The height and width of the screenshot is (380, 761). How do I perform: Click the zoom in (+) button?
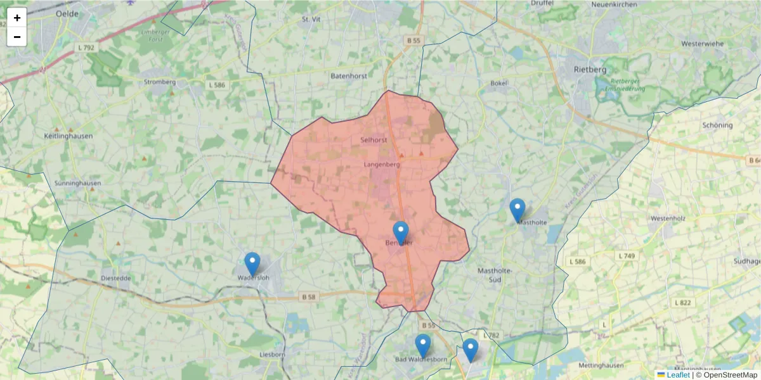point(17,18)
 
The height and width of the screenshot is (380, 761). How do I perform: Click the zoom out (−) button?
point(17,37)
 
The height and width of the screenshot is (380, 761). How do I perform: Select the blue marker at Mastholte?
point(517,210)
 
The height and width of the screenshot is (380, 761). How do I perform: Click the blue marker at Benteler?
point(401,232)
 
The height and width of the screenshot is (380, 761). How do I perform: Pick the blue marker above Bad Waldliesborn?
point(423,345)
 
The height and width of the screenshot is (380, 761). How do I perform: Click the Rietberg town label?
point(590,69)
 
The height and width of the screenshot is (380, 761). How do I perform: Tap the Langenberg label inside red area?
point(382,165)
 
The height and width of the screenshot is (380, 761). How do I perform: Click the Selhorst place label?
point(373,139)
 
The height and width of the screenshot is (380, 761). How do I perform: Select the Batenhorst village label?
point(348,76)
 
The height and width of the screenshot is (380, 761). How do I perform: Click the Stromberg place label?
point(160,82)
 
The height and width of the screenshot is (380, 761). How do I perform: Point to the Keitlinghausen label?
point(68,136)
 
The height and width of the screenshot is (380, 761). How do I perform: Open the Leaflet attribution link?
point(677,375)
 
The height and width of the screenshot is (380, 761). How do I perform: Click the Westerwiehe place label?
point(702,44)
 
